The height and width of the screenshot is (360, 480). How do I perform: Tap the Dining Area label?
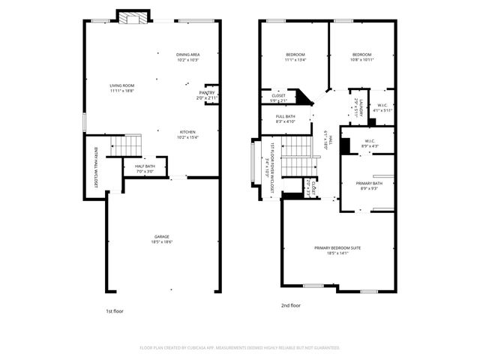click(187, 55)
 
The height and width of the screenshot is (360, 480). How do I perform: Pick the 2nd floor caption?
click(291, 305)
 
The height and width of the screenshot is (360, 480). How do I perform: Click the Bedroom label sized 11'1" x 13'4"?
click(295, 55)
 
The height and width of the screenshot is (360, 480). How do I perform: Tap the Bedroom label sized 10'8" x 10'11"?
click(362, 55)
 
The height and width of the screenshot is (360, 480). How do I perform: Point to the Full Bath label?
click(285, 116)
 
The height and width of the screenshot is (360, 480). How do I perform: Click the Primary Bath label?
click(369, 183)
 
